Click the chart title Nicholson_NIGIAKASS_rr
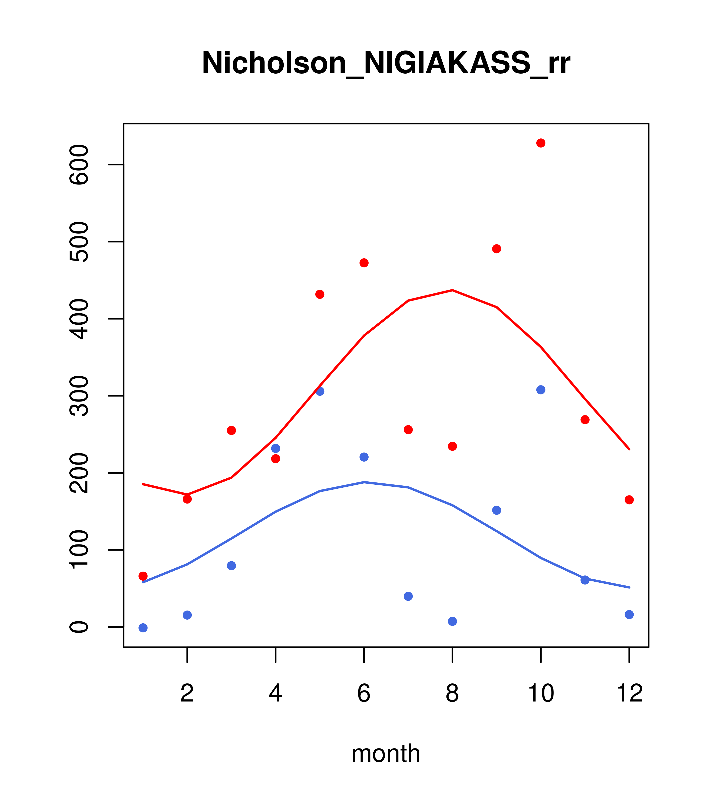click(386, 63)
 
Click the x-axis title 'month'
click(386, 753)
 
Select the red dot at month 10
click(541, 143)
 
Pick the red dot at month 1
click(143, 576)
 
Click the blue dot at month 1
click(143, 628)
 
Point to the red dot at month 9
click(496, 249)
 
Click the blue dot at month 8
click(452, 622)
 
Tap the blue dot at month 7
click(408, 596)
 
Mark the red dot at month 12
click(629, 500)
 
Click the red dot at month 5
click(320, 294)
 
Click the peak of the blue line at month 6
click(364, 482)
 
